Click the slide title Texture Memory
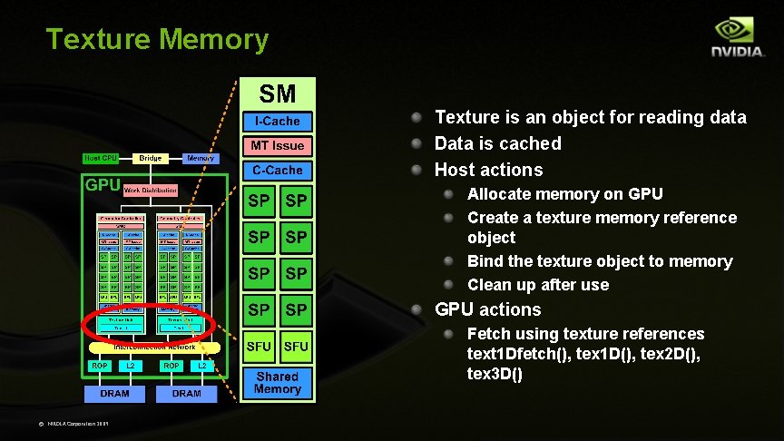coord(157,40)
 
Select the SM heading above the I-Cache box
coord(278,93)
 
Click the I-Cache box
coord(277,121)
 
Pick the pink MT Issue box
coord(277,145)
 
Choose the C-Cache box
coord(277,170)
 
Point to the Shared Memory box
coord(277,382)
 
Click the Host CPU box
coord(101,159)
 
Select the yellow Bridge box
coord(151,159)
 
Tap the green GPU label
coord(103,185)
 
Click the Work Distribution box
coord(150,191)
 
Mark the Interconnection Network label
coord(154,347)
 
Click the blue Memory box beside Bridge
coord(200,159)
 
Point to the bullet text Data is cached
coord(497,143)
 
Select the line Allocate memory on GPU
coord(564,194)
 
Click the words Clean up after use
coord(537,285)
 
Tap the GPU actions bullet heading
coord(487,309)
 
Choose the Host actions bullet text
coord(488,170)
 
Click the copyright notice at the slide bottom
coord(78,424)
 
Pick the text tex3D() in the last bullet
coord(495,374)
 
